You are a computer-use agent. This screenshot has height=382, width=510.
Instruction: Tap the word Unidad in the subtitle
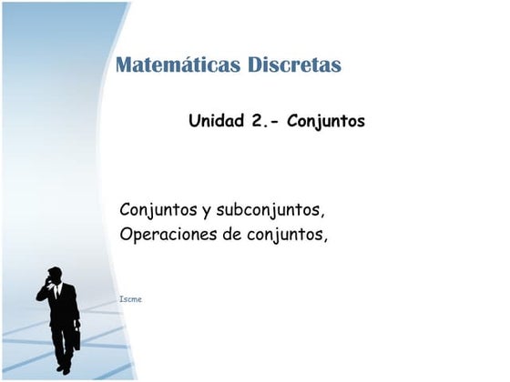[x=216, y=120]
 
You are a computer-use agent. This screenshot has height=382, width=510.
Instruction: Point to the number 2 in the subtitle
[x=257, y=120]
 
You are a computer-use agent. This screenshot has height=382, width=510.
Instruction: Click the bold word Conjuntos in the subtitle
[x=325, y=120]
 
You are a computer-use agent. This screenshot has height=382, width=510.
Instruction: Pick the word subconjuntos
[x=270, y=210]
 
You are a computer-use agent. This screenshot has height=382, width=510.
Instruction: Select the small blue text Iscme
[x=130, y=298]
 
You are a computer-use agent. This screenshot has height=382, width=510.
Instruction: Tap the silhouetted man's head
[x=56, y=275]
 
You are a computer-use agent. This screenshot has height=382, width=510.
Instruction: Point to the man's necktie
[x=57, y=293]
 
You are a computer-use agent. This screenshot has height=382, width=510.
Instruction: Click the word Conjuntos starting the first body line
[x=158, y=210]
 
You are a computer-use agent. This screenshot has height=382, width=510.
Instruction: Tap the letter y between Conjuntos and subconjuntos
[x=207, y=212]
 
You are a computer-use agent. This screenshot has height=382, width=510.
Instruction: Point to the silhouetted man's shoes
[x=64, y=368]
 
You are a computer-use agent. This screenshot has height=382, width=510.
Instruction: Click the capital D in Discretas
[x=255, y=65]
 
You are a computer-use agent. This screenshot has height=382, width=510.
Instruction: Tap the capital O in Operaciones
[x=127, y=235]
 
